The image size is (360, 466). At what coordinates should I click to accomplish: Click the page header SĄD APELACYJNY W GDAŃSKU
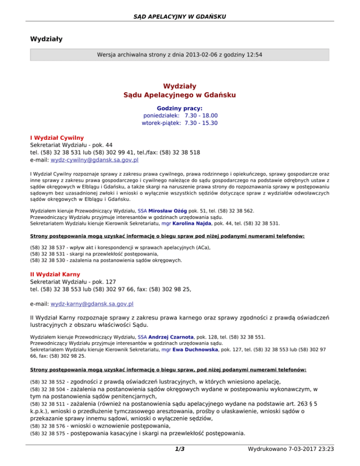(180, 17)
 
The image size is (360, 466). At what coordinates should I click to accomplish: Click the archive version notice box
(180, 54)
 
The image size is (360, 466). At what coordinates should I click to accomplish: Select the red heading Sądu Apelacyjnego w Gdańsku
(180, 95)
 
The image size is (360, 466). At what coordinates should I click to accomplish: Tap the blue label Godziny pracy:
(180, 108)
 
